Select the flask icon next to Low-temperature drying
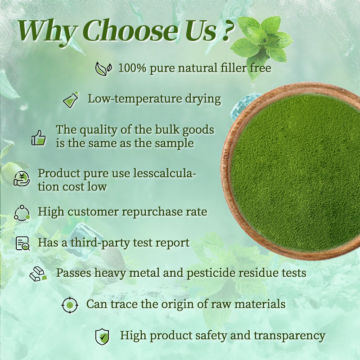[71, 99]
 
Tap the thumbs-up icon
[39, 137]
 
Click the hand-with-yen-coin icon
[21, 179]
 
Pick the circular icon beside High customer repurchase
[22, 212]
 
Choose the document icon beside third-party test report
[22, 243]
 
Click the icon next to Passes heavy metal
[38, 274]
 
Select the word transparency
[289, 336]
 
